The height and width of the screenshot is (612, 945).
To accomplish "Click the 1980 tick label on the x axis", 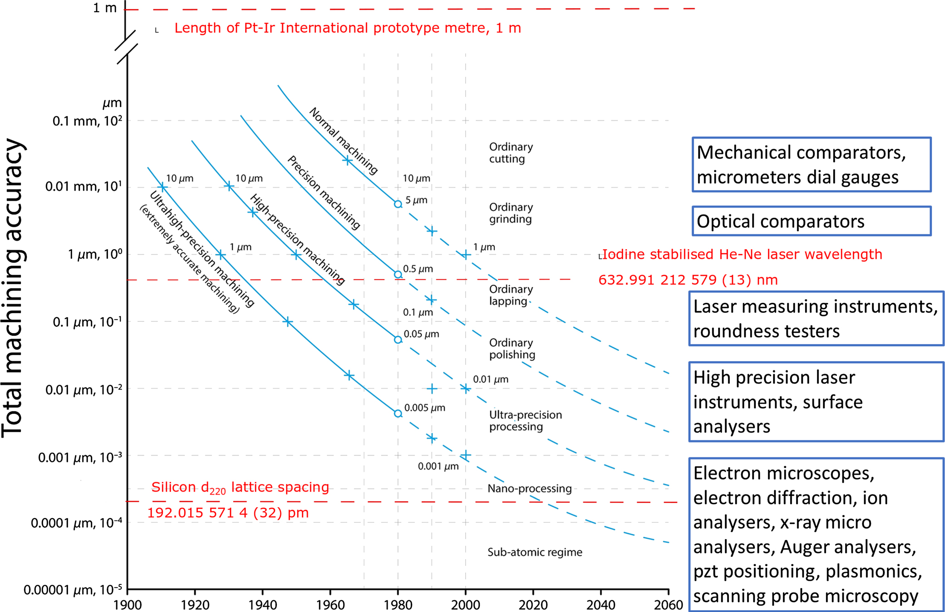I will (398, 605).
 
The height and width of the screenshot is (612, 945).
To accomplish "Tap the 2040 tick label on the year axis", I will (601, 605).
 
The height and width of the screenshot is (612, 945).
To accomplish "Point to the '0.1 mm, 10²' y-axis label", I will (87, 121).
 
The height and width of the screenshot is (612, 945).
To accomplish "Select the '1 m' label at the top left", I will (105, 8).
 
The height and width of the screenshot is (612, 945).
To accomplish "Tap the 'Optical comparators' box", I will (811, 221).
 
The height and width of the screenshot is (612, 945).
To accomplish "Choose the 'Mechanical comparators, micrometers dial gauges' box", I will (811, 165).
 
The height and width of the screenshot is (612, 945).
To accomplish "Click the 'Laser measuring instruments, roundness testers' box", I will (816, 319).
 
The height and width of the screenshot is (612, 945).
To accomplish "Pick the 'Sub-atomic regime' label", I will (535, 552).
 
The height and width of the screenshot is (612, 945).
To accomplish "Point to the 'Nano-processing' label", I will (529, 488).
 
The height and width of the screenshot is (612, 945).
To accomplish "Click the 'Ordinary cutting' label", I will (511, 153).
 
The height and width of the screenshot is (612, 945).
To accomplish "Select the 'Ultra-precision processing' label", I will (525, 421).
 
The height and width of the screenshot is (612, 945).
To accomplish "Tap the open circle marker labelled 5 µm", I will (398, 204).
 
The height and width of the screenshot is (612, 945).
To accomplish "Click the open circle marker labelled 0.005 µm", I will (398, 413).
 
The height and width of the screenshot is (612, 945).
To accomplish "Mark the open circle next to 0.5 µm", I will (398, 274).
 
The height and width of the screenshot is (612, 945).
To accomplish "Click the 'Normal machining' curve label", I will (343, 141).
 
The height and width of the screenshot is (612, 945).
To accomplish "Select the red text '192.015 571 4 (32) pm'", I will (228, 513).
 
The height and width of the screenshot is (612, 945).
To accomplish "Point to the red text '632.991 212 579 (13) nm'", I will (688, 280).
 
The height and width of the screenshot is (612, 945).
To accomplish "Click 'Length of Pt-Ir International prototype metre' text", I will (347, 28).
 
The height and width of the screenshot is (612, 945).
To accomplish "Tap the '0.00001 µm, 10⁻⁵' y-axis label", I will (73, 590).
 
